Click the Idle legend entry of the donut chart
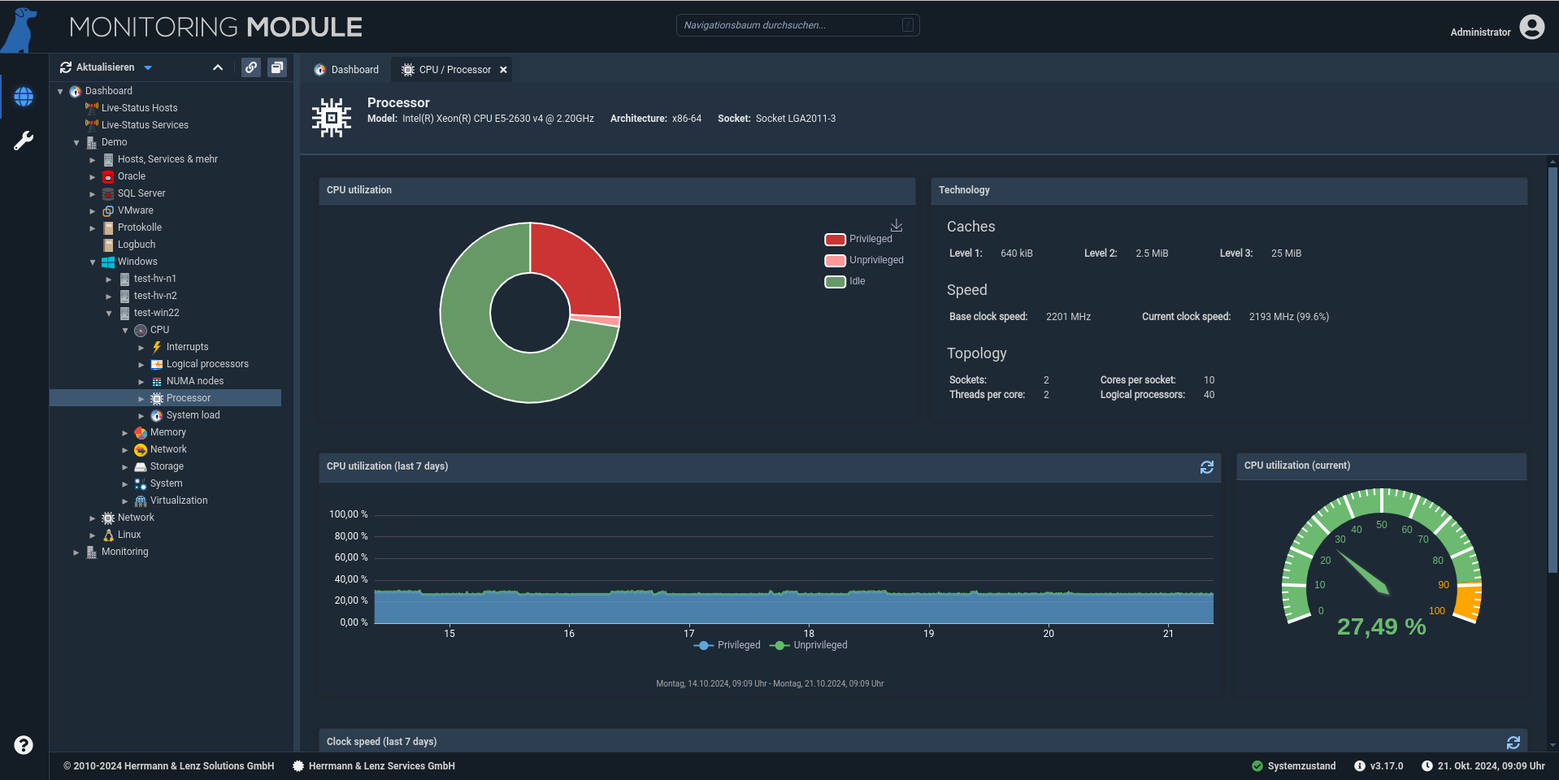point(845,281)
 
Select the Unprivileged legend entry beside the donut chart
point(864,260)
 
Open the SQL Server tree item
point(141,193)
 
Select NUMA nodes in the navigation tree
point(195,381)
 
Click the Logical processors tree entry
point(207,364)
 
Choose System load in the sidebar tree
point(193,415)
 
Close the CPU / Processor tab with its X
point(504,70)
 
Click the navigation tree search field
point(797,25)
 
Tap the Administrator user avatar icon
point(1532,28)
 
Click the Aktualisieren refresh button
point(98,67)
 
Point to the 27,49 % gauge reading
point(1382,627)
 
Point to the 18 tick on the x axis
point(809,634)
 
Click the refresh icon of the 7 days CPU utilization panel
point(1207,467)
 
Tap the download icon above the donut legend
point(897,225)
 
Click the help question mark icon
point(24,745)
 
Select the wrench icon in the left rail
point(24,141)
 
